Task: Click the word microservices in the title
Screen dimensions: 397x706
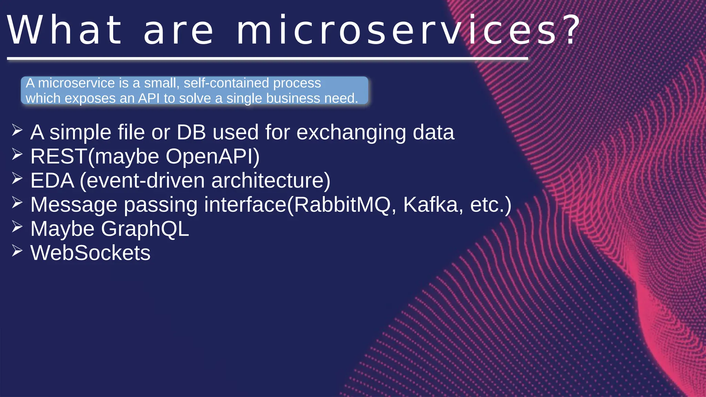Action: tap(396, 30)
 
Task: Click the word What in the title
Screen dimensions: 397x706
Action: tap(65, 30)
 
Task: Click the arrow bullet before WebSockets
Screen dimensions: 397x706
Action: tap(17, 251)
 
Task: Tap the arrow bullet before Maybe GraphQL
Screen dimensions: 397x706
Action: tap(17, 227)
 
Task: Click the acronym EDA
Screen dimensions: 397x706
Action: tap(52, 181)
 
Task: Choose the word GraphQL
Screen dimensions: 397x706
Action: tap(145, 229)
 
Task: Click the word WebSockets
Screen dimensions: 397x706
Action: tap(90, 253)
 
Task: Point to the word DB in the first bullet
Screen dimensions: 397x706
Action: tap(191, 132)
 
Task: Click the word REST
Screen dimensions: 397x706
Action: tap(59, 156)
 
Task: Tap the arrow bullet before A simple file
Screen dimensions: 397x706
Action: tap(17, 130)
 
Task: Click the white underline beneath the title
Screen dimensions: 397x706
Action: tap(267, 59)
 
